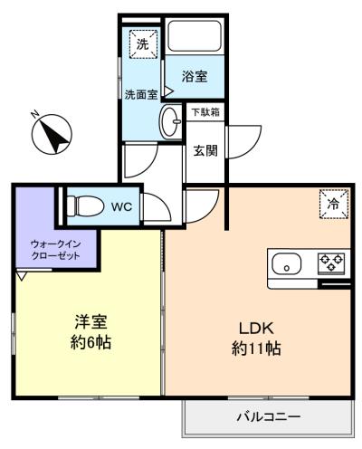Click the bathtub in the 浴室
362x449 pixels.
(195, 36)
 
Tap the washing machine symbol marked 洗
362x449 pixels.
(143, 43)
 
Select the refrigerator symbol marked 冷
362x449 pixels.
(334, 204)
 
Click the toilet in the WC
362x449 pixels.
(85, 206)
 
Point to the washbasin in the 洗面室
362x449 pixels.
(170, 121)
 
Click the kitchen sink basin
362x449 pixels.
(287, 263)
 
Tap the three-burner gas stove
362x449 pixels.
(331, 263)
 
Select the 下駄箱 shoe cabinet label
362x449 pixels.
(205, 112)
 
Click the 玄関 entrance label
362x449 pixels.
(205, 150)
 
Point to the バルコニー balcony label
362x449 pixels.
(268, 417)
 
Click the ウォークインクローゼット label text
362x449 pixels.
(56, 250)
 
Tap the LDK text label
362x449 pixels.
(256, 329)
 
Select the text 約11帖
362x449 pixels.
(256, 349)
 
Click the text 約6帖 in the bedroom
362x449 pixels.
(90, 342)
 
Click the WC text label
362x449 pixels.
(121, 206)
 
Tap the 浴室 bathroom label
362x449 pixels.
(195, 76)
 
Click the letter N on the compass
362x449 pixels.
(35, 114)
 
